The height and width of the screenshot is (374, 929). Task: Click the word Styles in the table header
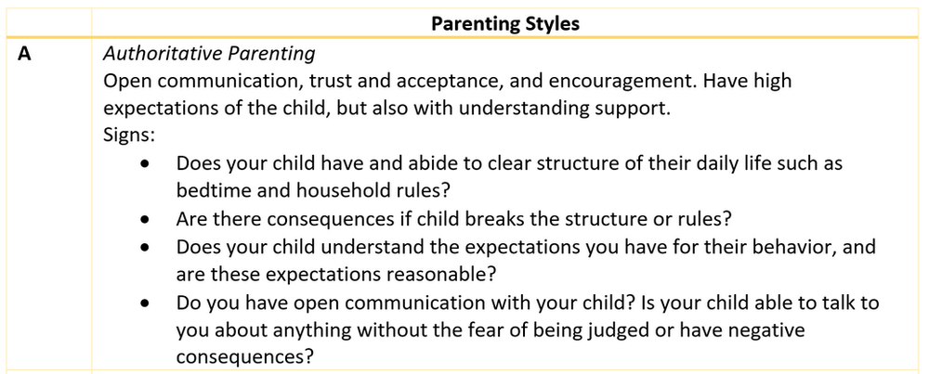(x=548, y=24)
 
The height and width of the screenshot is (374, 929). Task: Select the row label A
(x=25, y=54)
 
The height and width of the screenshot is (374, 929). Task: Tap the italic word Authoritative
(x=155, y=54)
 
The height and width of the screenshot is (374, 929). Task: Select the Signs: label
(x=129, y=135)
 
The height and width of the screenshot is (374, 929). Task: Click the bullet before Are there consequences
(x=145, y=221)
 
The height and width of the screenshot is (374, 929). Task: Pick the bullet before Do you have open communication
(x=145, y=303)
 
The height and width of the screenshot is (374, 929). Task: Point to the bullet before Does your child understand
(x=145, y=249)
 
